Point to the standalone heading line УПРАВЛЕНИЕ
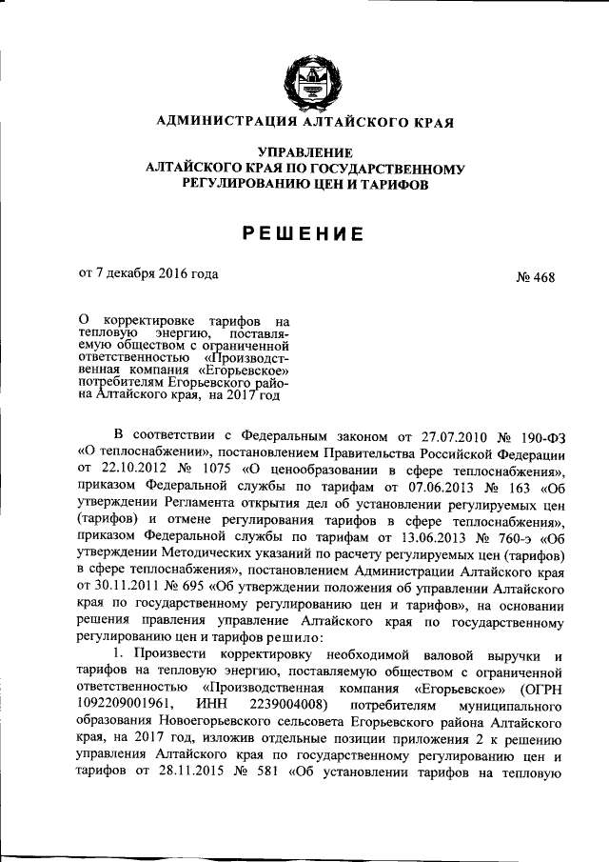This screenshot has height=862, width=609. click(304, 152)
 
